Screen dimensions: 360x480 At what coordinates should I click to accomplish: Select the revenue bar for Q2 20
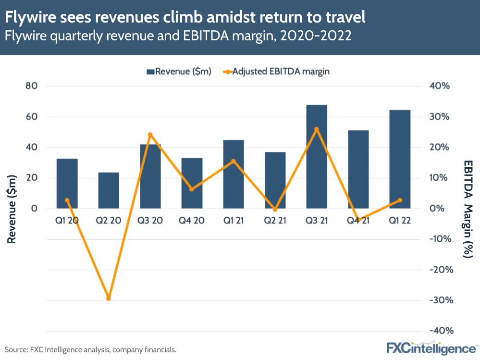coord(109,190)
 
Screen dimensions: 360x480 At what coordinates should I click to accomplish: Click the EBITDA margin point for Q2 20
coord(109,298)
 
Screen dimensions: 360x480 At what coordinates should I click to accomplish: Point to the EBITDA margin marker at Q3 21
coord(316,129)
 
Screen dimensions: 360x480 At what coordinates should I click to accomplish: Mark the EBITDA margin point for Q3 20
coord(150,135)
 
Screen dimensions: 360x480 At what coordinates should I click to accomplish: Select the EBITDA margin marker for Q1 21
coord(234,161)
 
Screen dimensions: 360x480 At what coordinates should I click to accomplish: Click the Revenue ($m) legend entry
coord(179,72)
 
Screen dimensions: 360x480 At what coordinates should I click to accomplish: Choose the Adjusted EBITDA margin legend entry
coord(276,72)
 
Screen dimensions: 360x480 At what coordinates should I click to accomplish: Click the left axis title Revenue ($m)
coord(12,209)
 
